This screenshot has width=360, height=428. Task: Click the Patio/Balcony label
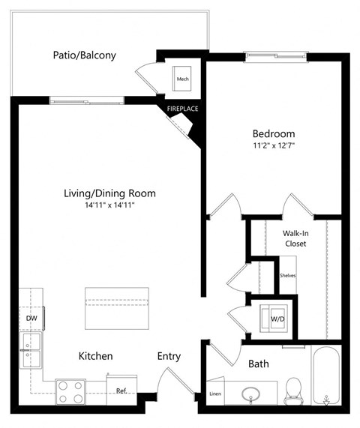click(84, 55)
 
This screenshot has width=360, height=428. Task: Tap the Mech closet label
click(182, 78)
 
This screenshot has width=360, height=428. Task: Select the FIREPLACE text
click(182, 109)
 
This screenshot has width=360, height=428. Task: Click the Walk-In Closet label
click(295, 238)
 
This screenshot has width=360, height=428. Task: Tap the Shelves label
click(287, 275)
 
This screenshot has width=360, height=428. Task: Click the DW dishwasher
click(31, 319)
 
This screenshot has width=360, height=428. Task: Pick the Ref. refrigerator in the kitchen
click(121, 390)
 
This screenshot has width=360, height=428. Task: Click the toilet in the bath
click(293, 388)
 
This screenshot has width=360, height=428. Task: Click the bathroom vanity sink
click(250, 392)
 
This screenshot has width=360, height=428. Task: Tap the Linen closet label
click(215, 394)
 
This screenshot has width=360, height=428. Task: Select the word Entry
click(169, 356)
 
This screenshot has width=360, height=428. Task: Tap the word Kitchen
click(96, 356)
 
